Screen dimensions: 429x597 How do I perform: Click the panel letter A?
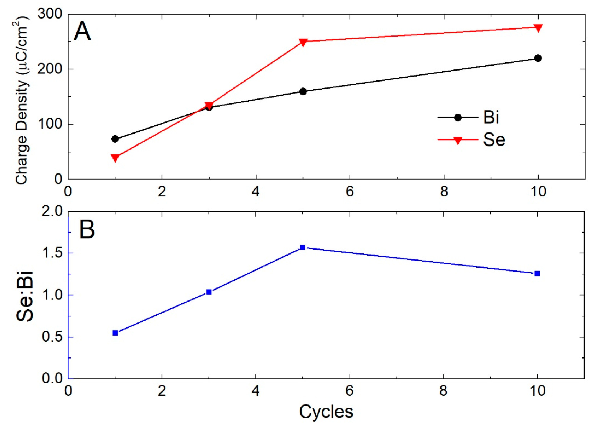(82, 32)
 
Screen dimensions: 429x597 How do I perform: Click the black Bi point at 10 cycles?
(538, 58)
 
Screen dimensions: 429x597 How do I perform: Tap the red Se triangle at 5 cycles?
(303, 42)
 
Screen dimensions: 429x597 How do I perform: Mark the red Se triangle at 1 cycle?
(115, 158)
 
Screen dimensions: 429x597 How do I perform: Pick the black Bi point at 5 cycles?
(303, 91)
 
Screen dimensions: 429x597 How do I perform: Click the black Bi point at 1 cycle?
(115, 139)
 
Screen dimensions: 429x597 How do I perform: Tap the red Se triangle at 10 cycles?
(538, 28)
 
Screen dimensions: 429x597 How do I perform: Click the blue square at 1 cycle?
(115, 333)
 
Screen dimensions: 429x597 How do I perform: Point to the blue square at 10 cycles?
(537, 274)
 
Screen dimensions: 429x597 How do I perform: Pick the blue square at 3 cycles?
(209, 292)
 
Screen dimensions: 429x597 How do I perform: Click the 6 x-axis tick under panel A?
(350, 192)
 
